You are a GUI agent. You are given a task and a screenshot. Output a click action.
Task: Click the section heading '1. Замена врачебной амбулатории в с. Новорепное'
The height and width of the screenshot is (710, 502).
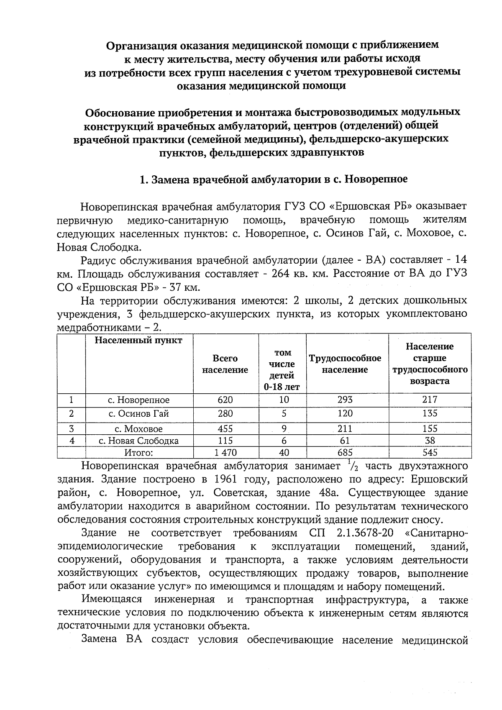(273, 180)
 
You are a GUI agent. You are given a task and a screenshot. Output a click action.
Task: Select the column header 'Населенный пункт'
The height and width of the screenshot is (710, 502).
(138, 340)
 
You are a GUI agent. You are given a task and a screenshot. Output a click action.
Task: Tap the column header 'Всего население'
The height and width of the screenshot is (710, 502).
(225, 364)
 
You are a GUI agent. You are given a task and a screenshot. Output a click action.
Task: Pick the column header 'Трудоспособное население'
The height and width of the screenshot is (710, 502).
(345, 364)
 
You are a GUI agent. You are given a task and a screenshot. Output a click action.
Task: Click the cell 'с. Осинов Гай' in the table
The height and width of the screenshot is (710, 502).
(138, 414)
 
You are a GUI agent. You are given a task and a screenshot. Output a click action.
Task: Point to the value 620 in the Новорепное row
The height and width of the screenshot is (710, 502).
(225, 400)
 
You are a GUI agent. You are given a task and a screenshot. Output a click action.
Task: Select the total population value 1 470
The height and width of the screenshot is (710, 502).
(225, 452)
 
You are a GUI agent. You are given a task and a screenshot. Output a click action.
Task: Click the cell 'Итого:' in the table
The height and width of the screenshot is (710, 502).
(138, 452)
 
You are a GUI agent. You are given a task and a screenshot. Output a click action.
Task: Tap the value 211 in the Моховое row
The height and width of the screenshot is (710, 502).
(345, 429)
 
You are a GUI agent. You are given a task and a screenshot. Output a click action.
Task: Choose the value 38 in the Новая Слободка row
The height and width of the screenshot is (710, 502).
(430, 441)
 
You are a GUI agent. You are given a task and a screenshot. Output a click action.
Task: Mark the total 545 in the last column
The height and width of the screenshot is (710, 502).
(430, 452)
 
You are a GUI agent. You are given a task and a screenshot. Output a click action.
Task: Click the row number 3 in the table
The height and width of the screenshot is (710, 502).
(72, 429)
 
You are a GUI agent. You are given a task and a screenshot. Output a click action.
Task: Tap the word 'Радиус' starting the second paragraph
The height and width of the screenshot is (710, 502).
(99, 260)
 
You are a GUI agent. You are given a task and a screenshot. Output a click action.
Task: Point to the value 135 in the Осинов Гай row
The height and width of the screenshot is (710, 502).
(430, 414)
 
